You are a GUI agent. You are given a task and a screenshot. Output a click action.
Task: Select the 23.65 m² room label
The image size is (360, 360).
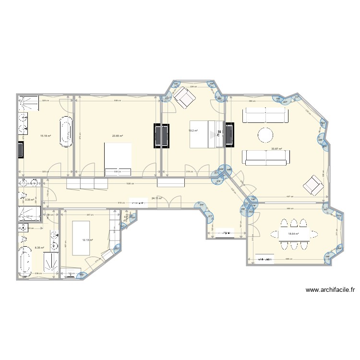point(118,136)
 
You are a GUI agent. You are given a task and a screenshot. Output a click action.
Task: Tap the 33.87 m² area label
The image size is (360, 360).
point(276,149)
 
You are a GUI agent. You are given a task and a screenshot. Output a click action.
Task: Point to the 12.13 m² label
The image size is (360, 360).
point(87,240)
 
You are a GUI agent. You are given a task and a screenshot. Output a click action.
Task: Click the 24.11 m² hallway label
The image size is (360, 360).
point(157,198)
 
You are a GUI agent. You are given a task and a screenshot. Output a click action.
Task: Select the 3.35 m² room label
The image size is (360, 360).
point(29,200)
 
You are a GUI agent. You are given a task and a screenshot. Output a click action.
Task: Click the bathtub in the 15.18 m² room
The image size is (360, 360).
point(66,131)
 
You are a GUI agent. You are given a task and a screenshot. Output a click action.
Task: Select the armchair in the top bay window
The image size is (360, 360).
point(184,100)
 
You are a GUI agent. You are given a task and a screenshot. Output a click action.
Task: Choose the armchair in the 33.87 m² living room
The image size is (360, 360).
point(312,185)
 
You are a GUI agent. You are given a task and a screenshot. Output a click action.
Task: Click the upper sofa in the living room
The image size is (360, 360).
point(265,116)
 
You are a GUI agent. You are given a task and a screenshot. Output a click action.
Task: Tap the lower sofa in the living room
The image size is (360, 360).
point(265,156)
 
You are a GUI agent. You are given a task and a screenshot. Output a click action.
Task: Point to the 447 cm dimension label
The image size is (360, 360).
point(290,197)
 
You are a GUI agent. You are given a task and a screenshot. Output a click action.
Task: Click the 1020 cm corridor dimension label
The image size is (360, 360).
point(128,184)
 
